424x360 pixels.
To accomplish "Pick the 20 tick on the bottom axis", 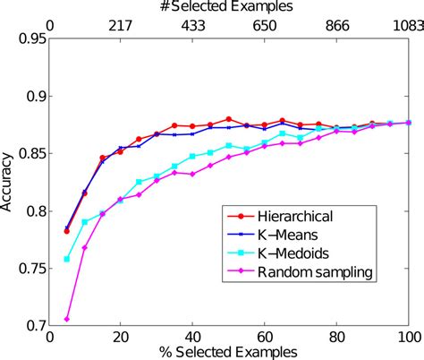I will [x=120, y=338].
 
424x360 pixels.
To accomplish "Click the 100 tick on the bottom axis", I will [x=408, y=338].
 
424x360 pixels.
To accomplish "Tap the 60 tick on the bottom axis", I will [x=264, y=338].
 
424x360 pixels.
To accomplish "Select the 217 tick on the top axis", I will [x=120, y=25].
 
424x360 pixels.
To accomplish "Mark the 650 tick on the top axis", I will [x=264, y=25].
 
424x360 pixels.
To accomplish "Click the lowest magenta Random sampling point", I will [x=66, y=319].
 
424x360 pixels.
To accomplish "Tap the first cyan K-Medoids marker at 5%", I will [x=66, y=259].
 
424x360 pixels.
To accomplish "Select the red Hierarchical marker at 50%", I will [x=229, y=118].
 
